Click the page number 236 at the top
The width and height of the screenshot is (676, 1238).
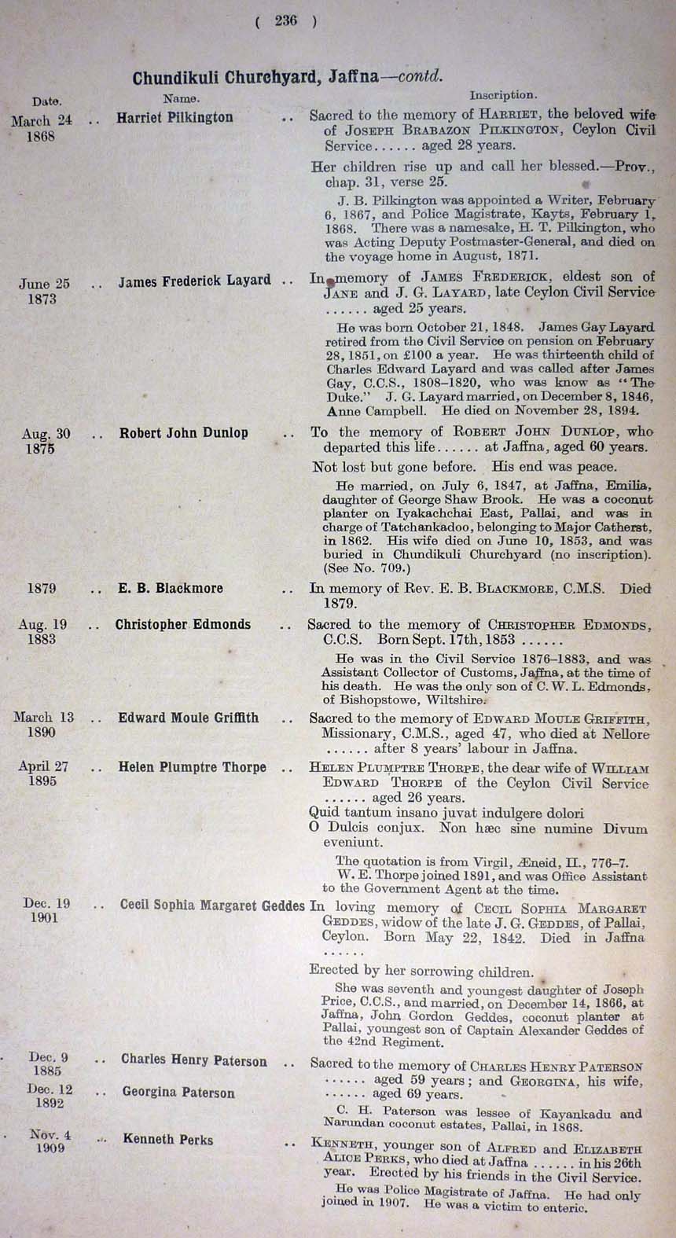tap(286, 21)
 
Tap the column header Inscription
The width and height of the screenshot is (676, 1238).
tap(503, 95)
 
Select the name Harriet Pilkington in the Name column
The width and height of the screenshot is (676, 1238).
tap(175, 118)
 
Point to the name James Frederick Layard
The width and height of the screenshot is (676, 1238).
tap(194, 281)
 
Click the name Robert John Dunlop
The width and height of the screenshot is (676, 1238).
tap(183, 433)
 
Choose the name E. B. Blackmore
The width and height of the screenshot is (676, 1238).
tap(170, 588)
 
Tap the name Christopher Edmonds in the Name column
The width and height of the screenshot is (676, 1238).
tap(182, 625)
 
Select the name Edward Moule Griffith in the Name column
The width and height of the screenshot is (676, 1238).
tap(188, 718)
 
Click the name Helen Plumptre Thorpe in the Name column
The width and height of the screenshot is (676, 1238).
tap(192, 767)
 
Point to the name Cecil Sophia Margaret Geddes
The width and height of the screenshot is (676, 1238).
tap(212, 906)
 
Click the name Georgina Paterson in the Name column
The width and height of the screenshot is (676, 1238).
tap(178, 1093)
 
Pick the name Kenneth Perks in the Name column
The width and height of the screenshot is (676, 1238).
tap(167, 1139)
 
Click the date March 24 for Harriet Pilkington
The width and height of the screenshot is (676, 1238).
tap(42, 121)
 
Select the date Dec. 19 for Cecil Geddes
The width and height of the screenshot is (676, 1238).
tap(46, 904)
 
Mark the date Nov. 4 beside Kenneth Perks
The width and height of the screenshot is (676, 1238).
tap(50, 1134)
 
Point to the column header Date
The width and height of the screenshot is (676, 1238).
tap(46, 101)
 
